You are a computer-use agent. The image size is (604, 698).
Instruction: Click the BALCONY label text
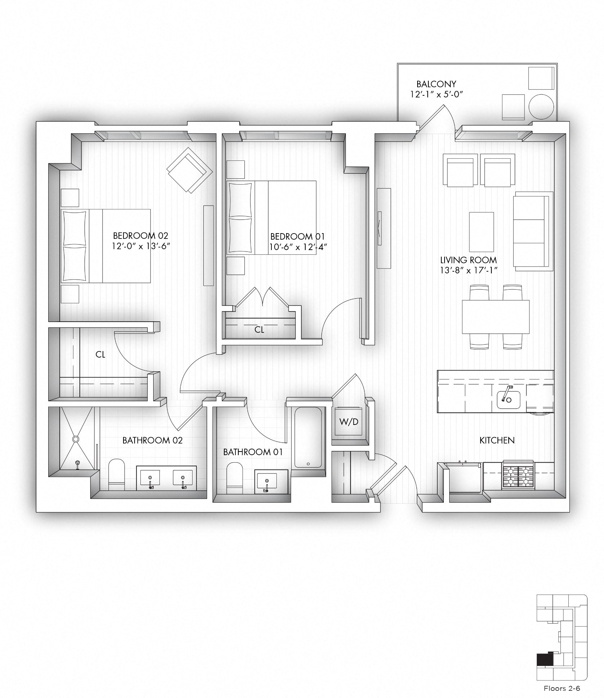pos(436,84)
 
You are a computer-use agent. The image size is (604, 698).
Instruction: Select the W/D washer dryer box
pos(349,422)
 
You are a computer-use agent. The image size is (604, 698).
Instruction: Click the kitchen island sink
pos(508,398)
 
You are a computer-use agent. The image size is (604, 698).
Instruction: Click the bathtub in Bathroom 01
pos(308,438)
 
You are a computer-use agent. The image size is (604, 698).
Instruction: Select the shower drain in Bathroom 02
pos(76,439)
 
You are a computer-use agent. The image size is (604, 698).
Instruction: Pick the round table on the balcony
pos(541,107)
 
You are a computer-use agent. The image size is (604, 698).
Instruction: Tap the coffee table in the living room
pos(481,232)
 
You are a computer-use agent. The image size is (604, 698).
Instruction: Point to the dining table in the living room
pos(495,317)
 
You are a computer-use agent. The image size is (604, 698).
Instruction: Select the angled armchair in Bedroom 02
pos(189,170)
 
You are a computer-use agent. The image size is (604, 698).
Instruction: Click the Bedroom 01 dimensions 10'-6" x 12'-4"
pos(297,247)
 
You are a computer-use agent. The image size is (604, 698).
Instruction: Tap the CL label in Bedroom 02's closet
pos(100,354)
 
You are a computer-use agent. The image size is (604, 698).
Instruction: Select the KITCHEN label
pos(497,440)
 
